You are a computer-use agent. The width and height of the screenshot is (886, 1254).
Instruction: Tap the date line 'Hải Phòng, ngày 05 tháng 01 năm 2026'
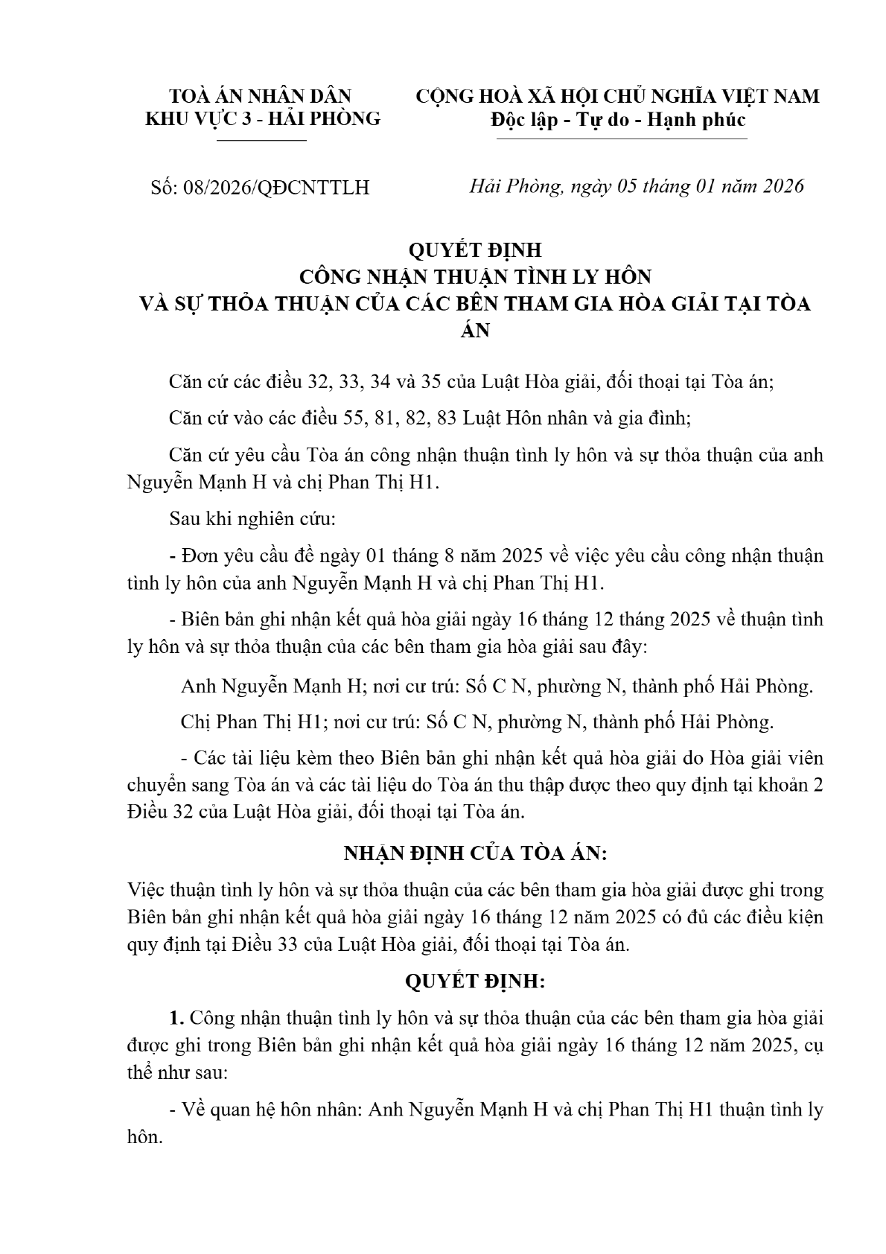click(x=637, y=186)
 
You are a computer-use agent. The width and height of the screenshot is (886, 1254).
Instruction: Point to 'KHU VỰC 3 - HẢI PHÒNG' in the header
click(x=262, y=118)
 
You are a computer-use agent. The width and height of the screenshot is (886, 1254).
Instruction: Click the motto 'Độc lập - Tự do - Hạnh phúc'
click(x=617, y=119)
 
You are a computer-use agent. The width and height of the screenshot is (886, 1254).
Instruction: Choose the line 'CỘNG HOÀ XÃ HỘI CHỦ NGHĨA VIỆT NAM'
click(x=617, y=96)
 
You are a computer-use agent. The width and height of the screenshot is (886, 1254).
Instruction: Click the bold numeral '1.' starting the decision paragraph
click(x=176, y=1018)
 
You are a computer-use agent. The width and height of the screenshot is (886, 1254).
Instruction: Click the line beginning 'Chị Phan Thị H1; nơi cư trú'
click(x=477, y=722)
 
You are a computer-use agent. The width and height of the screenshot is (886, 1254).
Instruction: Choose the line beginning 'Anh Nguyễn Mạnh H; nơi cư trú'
click(x=496, y=685)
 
